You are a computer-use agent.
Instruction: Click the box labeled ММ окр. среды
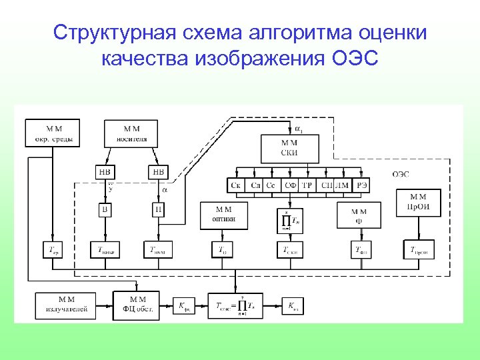53,133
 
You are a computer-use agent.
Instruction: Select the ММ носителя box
131,133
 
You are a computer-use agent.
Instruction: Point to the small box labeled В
105,211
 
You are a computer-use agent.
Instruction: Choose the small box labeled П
159,211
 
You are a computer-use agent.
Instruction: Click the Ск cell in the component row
235,185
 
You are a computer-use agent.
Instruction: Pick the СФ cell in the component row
290,185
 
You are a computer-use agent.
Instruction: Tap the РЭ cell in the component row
362,185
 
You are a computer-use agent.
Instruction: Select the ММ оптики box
223,215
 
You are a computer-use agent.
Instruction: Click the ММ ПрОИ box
418,202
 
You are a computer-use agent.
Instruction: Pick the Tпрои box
417,249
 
